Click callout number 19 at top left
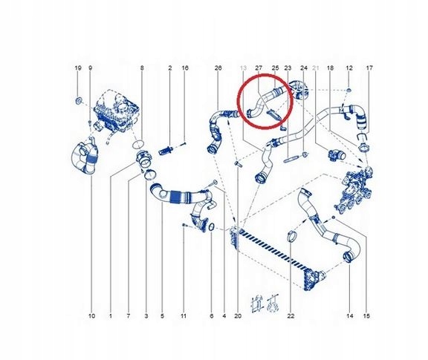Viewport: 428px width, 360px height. click(x=77, y=68)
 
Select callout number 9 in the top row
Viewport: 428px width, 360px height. click(x=90, y=68)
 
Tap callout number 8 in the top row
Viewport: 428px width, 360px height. click(x=142, y=68)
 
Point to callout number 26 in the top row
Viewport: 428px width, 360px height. click(x=218, y=68)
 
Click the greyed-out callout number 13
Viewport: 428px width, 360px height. click(x=244, y=68)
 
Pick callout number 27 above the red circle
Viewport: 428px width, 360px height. click(x=259, y=68)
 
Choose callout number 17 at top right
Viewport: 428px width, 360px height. click(x=369, y=68)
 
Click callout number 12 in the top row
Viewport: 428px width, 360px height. click(x=349, y=68)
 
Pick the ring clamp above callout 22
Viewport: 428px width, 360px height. click(x=291, y=238)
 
